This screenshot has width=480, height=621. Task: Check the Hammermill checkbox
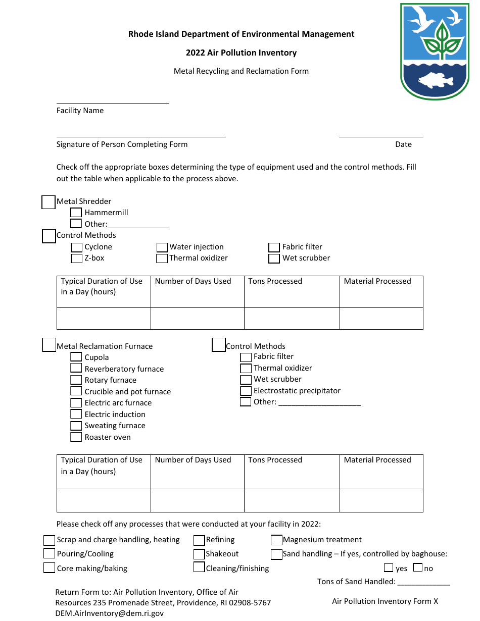(x=76, y=213)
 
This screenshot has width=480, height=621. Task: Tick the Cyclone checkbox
(x=76, y=247)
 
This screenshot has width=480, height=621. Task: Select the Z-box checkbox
(x=76, y=258)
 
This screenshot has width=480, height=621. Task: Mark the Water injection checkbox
(x=162, y=247)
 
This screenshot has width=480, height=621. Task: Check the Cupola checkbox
(x=76, y=357)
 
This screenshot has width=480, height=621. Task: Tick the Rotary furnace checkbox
(x=76, y=380)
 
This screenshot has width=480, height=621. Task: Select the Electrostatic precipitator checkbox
(x=246, y=391)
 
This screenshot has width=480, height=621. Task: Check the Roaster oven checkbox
(x=76, y=437)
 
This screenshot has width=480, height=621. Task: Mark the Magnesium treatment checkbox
(x=276, y=540)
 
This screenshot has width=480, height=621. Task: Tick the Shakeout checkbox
(x=199, y=554)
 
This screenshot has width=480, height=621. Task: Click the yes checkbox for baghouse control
(x=389, y=567)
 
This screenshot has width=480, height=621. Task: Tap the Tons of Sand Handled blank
(x=423, y=581)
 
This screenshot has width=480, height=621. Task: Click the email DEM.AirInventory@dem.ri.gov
(x=110, y=613)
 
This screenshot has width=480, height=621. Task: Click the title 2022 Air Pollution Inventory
(x=241, y=53)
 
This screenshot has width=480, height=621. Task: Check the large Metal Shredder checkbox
(x=48, y=202)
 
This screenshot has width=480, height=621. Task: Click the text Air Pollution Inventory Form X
(x=385, y=601)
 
